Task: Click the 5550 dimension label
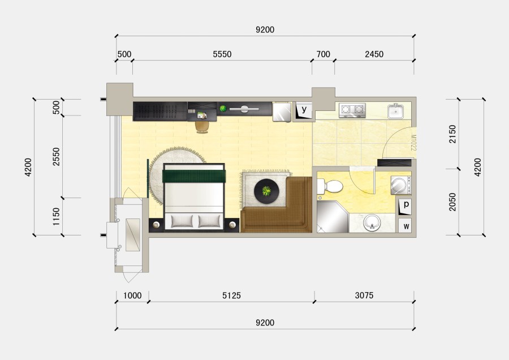click(x=222, y=54)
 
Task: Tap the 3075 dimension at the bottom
click(x=364, y=295)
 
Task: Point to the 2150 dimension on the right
click(x=452, y=134)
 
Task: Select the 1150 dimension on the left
click(x=56, y=217)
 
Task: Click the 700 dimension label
click(x=323, y=54)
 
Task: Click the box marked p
click(x=405, y=207)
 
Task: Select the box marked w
click(x=405, y=225)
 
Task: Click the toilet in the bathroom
click(x=330, y=186)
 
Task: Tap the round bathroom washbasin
click(x=372, y=222)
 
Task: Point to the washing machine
click(x=401, y=185)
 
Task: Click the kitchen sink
click(x=396, y=111)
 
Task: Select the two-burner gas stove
click(x=352, y=110)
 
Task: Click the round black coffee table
click(x=266, y=191)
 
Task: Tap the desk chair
click(x=202, y=127)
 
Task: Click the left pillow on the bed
click(x=182, y=221)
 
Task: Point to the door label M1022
click(x=413, y=143)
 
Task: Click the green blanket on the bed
click(x=194, y=176)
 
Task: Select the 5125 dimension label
click(x=231, y=295)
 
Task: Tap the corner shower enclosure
click(x=332, y=217)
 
